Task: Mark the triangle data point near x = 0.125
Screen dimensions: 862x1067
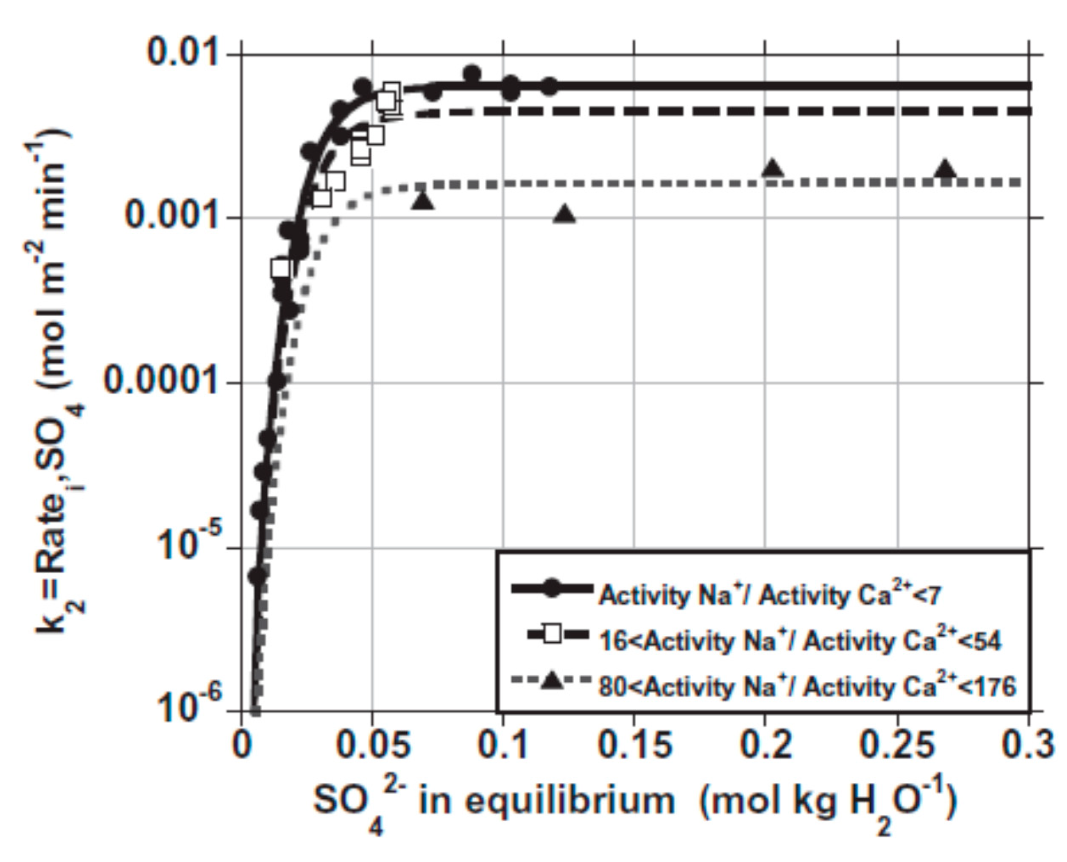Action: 564,215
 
